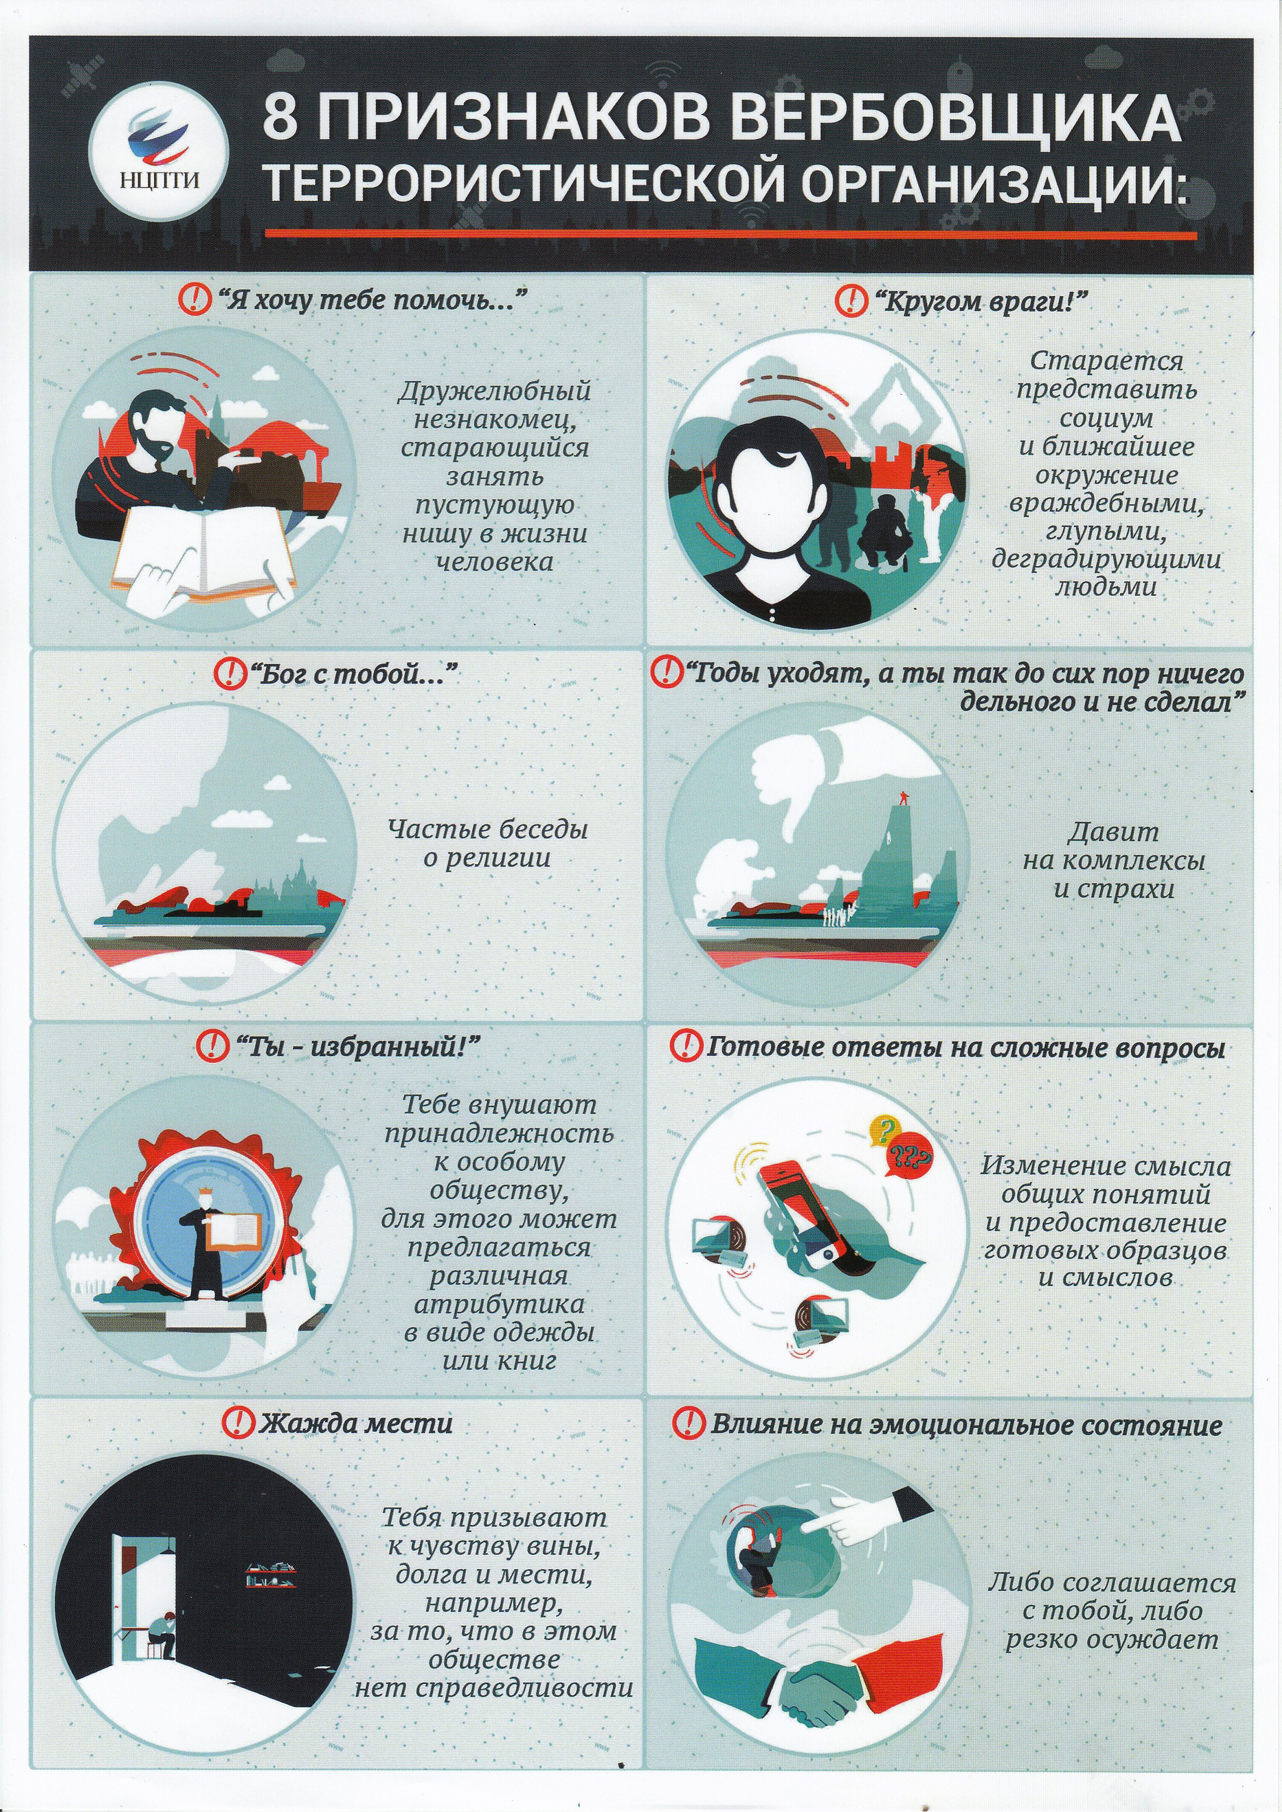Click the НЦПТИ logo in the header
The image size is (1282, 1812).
tap(159, 152)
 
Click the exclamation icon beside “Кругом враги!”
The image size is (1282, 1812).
tap(850, 299)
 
